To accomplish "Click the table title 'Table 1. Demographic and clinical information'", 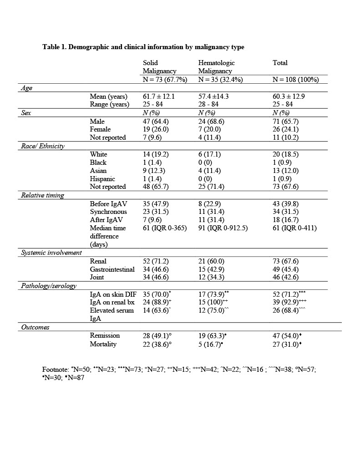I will tap(143, 47).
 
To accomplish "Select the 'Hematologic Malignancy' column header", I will tap(216, 67).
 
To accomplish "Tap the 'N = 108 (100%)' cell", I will tap(295, 79).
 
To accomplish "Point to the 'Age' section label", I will tap(26, 88).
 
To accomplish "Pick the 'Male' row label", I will tap(98, 121).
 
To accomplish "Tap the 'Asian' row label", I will tap(98, 171).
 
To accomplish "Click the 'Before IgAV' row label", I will tap(108, 203).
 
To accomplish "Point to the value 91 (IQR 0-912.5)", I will tap(223, 228).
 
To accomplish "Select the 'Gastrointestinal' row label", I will tap(112, 269).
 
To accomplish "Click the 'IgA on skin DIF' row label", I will tap(113, 294).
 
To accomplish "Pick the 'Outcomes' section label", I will tap(35, 327).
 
